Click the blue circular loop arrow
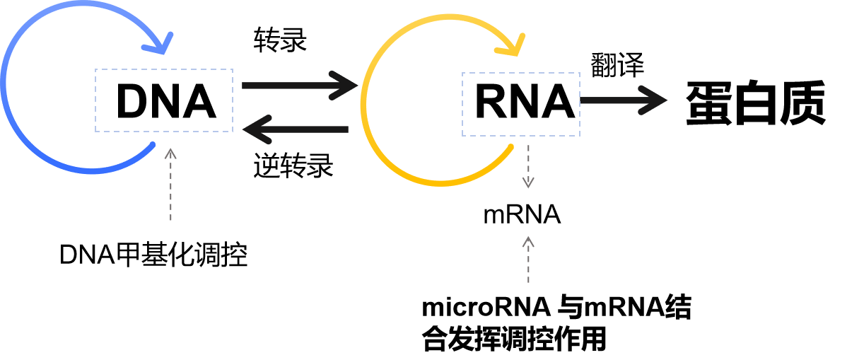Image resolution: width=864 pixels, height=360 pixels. coord(4,85)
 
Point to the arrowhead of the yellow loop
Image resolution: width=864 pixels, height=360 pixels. coord(513,47)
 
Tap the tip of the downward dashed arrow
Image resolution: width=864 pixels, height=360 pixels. coord(528,187)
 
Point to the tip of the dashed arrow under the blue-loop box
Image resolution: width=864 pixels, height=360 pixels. coord(170,149)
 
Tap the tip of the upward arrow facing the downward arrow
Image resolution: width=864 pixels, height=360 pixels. coord(528,238)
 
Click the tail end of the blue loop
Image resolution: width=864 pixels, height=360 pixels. coord(153,145)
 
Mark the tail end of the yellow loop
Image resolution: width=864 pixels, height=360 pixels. coord(510,147)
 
